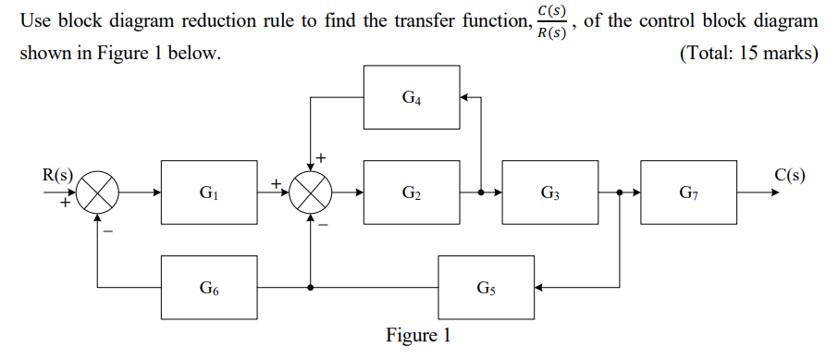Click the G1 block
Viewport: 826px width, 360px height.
[209, 193]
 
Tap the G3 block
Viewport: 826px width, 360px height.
[550, 193]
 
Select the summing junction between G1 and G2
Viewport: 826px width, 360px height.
[312, 193]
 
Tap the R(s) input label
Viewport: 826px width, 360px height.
[57, 175]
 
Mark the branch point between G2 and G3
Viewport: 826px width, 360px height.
[481, 193]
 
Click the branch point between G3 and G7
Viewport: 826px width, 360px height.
[619, 193]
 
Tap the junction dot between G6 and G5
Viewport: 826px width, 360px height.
[312, 288]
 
